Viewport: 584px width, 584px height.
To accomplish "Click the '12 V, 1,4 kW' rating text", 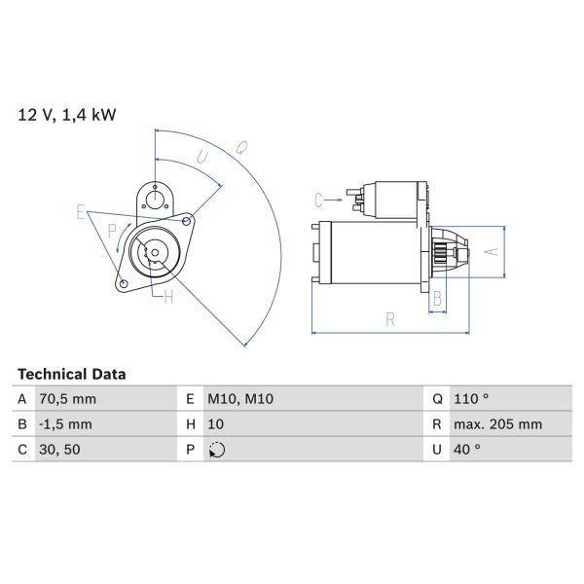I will click(67, 115).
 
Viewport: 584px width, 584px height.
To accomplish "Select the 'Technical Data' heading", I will click(72, 374).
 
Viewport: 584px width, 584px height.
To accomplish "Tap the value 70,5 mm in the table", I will click(68, 399).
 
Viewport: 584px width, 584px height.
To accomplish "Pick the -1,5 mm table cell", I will click(67, 424).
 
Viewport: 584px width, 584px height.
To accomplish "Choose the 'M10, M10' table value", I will click(239, 399).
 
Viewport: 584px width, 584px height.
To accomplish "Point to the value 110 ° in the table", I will click(473, 399).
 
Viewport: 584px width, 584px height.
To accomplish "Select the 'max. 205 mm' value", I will click(499, 424).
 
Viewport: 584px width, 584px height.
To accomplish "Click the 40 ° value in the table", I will click(468, 450).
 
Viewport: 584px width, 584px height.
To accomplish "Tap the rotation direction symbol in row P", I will click(216, 450).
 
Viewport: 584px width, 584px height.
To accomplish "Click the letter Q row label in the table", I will click(436, 399).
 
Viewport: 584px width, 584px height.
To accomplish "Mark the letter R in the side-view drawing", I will click(389, 318).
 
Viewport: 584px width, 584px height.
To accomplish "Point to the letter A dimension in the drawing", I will click(492, 251).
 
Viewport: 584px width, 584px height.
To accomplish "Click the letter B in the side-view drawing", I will click(438, 298).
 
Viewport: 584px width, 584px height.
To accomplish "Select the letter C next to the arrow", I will click(318, 201).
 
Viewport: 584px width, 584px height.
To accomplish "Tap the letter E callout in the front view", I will click(81, 212).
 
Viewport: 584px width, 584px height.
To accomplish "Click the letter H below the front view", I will click(167, 297).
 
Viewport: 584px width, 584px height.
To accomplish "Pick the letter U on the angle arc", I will click(201, 157).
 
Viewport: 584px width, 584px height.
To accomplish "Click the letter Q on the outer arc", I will click(239, 147).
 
